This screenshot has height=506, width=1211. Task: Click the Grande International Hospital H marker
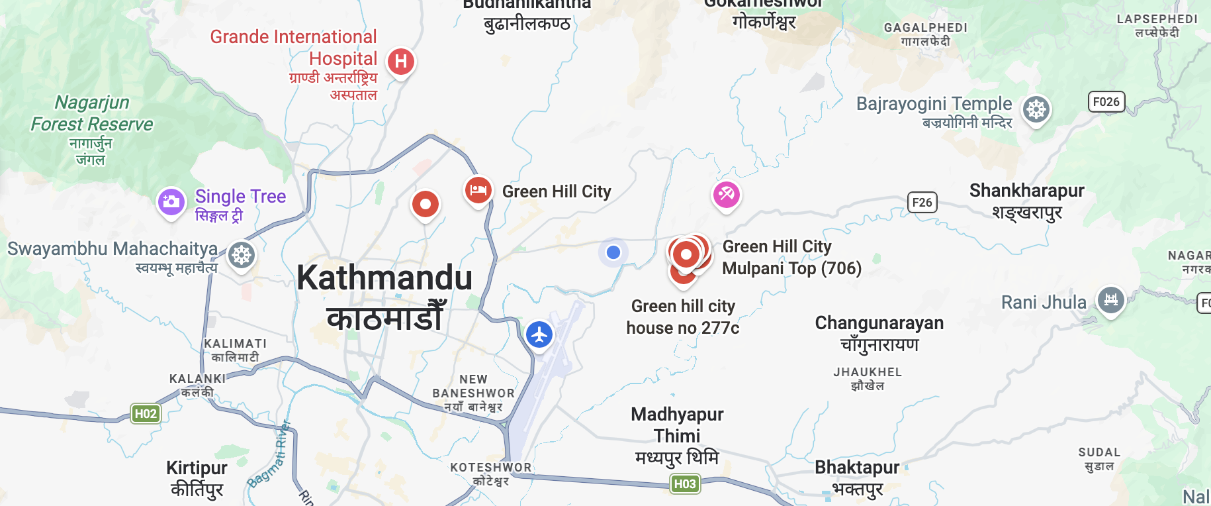400,62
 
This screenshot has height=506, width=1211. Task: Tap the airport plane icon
539,334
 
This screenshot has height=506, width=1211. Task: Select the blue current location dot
613,252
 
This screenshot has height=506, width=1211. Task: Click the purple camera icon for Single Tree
171,201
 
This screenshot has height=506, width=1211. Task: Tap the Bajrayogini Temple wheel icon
1036,109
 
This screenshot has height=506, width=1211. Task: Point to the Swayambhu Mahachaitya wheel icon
242,255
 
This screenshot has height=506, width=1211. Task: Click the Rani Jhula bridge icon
1111,300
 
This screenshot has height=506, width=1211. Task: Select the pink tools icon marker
726,195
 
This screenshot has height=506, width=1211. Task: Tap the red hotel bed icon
478,191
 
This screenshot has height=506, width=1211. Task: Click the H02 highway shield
146,414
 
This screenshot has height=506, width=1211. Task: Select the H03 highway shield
684,483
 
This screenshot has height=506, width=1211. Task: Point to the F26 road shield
922,203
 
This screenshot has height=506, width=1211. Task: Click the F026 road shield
1106,102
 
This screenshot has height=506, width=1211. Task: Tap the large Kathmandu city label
384,278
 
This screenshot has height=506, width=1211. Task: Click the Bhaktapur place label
857,468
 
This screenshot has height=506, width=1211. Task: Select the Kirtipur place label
197,468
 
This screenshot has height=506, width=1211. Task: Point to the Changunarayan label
879,323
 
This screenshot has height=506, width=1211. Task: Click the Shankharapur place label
1026,191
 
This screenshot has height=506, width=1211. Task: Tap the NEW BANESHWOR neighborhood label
473,386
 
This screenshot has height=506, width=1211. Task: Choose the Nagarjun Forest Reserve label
92,113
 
